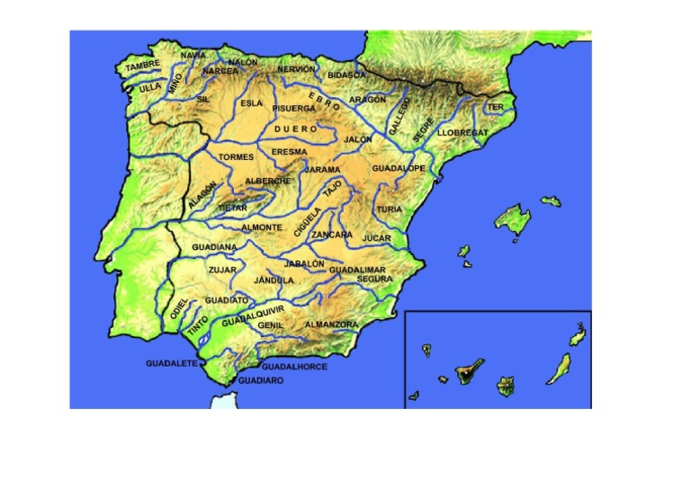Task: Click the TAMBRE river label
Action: click(142, 66)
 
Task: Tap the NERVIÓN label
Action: click(296, 69)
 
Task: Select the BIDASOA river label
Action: click(347, 75)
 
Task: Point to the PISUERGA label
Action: click(294, 108)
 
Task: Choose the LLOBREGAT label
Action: click(462, 132)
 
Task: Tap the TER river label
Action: click(495, 107)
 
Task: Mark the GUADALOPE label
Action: click(398, 168)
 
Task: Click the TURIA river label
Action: click(390, 209)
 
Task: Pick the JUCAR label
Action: click(376, 238)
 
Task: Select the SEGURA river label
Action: click(374, 279)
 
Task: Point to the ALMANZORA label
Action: click(331, 324)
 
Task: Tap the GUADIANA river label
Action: click(214, 246)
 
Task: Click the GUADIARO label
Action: click(260, 380)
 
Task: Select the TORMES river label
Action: click(237, 156)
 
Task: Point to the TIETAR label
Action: click(233, 208)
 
